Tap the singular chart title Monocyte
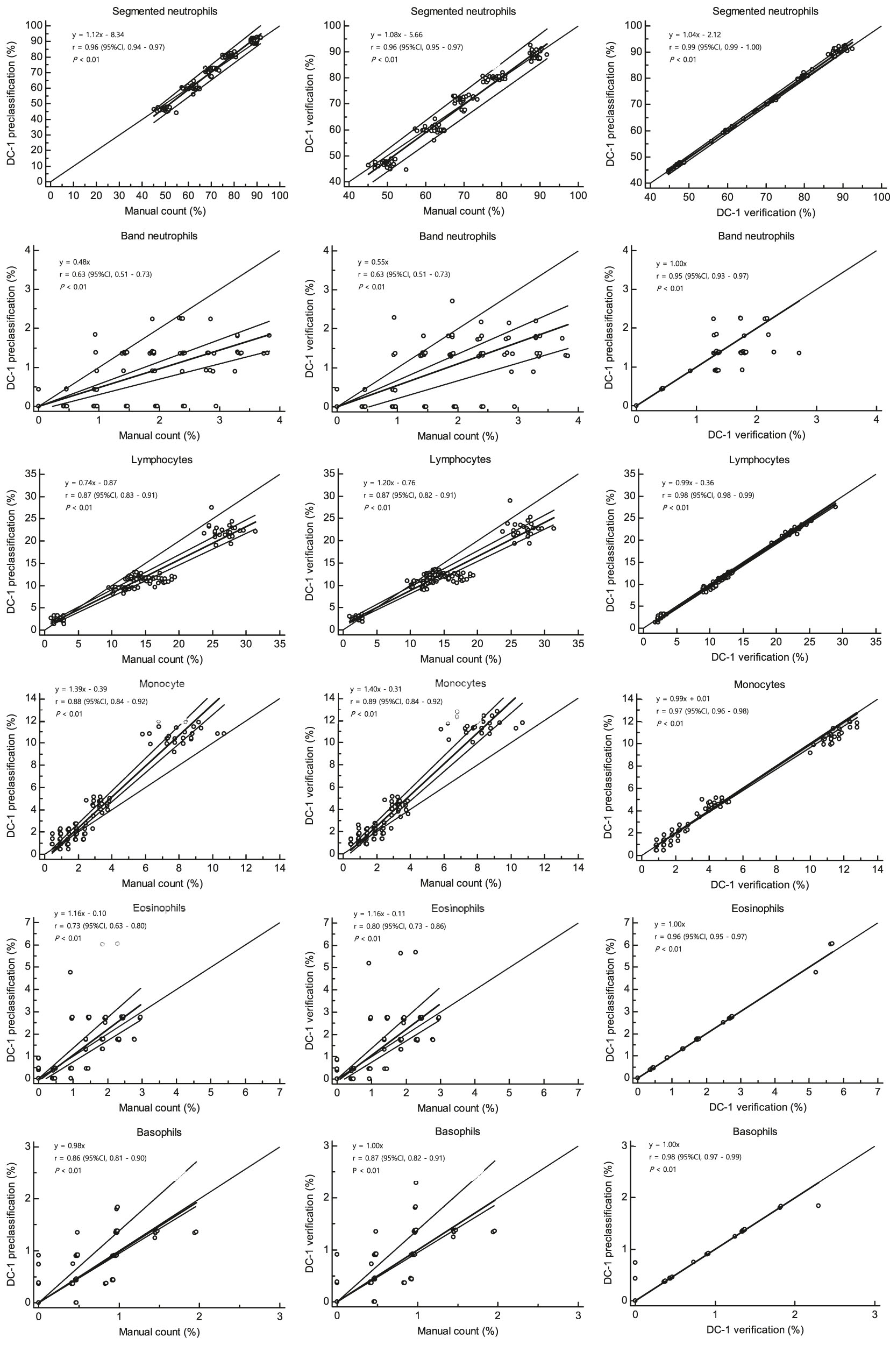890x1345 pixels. (x=161, y=684)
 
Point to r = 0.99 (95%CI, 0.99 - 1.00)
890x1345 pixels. (x=715, y=47)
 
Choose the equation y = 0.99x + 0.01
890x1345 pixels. (x=683, y=699)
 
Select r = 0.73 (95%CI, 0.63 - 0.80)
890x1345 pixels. (x=101, y=926)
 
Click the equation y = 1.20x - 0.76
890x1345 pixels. (x=389, y=483)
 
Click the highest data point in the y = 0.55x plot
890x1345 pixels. (x=452, y=301)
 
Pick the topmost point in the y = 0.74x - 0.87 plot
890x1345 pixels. (x=212, y=507)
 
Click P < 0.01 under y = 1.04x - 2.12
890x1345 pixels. (x=683, y=60)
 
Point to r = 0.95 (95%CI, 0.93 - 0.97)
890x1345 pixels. (x=702, y=277)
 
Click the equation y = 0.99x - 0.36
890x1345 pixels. (x=688, y=483)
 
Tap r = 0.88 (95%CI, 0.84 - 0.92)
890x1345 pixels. (x=101, y=702)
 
